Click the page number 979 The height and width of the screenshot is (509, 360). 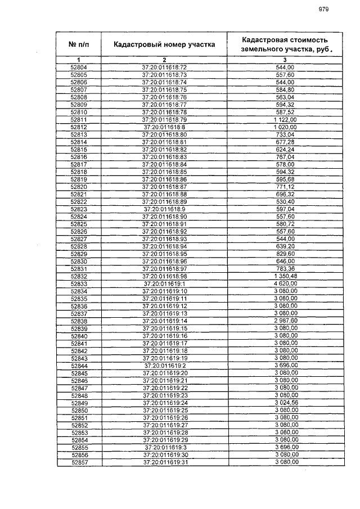[323, 9]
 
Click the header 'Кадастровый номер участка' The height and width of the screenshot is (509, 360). [164, 44]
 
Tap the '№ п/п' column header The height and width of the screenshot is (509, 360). [79, 44]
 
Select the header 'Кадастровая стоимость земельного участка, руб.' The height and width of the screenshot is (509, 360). [285, 44]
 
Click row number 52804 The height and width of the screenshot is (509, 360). [79, 67]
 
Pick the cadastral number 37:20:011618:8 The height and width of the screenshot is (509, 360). [164, 127]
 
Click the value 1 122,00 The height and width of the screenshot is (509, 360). [285, 120]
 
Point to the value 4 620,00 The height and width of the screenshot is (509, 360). [285, 284]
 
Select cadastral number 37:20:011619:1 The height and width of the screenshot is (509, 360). [164, 284]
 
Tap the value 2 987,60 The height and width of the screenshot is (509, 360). [285, 321]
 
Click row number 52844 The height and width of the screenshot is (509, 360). [79, 366]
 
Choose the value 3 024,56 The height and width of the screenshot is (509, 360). [285, 403]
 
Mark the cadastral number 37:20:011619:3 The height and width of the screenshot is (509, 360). [164, 447]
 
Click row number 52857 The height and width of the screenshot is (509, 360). [79, 462]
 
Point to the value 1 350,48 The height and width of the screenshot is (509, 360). [285, 276]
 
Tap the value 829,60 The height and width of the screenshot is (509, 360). [285, 254]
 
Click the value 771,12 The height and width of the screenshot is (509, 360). [285, 187]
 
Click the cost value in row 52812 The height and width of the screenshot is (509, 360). [285, 127]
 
